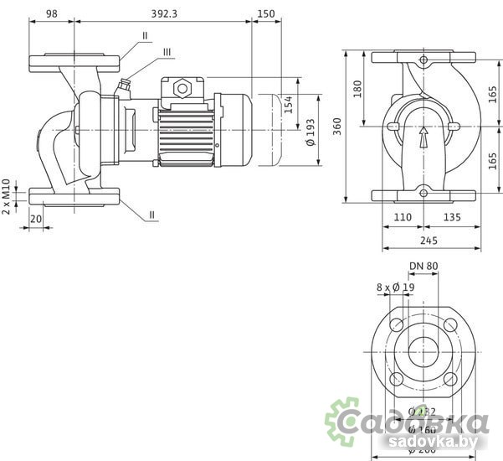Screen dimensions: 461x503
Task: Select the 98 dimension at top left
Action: coord(52,13)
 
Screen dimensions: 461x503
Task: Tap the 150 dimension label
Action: coord(266,13)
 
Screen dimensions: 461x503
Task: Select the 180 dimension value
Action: coord(358,89)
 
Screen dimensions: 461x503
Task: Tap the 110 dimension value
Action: coord(403,217)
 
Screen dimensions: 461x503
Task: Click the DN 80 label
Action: coord(423,267)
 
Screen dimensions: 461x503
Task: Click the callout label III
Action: coord(167,52)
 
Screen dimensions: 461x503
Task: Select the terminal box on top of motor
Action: coord(182,86)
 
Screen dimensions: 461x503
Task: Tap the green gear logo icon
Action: coord(343,418)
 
